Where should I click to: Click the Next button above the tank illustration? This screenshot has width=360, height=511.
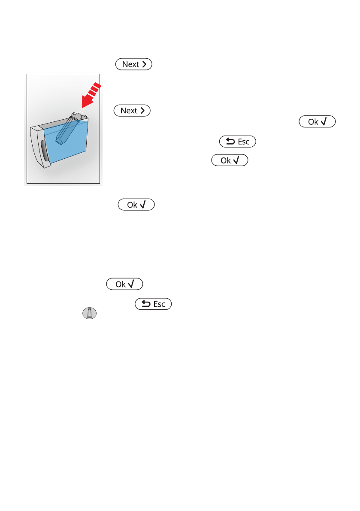coord(134,64)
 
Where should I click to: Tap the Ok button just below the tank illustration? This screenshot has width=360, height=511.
coord(136,205)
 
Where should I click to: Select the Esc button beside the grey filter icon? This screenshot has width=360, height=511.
coord(153,304)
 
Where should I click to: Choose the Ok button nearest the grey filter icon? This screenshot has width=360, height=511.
coord(124,284)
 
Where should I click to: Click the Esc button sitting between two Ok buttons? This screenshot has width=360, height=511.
coord(237,142)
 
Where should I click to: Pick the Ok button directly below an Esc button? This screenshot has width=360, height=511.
coord(230,161)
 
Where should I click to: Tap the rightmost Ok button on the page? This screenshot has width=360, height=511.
coord(317,122)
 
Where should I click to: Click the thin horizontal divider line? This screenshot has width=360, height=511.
coord(260,234)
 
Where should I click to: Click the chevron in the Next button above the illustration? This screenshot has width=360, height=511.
coord(145,64)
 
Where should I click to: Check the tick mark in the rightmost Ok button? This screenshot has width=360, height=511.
coord(325,122)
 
